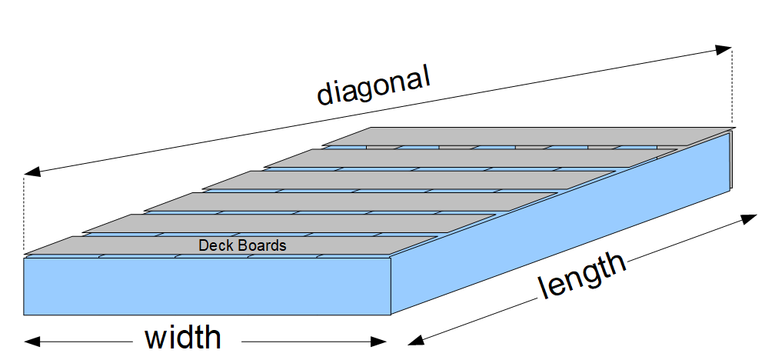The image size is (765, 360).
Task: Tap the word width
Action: click(183, 338)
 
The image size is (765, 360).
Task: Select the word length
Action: click(582, 275)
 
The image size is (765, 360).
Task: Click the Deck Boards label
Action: click(242, 246)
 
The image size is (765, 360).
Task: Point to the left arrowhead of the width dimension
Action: click(31, 341)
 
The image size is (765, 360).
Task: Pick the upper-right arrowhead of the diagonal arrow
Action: click(723, 49)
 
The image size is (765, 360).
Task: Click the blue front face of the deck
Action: click(208, 286)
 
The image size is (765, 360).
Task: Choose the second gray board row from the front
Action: click(292, 224)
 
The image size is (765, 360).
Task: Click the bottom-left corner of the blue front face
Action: click(25, 315)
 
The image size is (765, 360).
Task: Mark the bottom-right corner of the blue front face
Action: click(392, 315)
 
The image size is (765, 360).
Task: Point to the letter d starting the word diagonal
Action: click(324, 95)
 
